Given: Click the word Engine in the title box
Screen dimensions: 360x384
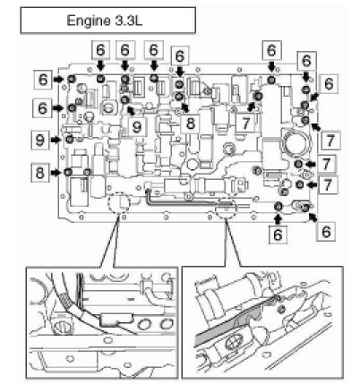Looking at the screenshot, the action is tap(88, 21).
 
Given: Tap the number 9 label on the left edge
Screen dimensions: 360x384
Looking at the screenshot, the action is tap(40, 140).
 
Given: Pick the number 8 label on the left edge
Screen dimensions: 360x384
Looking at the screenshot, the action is tap(40, 173).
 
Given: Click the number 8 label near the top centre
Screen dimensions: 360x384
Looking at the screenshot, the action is tap(190, 124).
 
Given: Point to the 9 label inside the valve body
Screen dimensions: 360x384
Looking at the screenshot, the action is tap(137, 127).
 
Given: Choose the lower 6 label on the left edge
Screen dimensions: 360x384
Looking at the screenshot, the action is tap(43, 107).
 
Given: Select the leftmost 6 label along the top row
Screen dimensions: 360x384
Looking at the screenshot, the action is tap(100, 49).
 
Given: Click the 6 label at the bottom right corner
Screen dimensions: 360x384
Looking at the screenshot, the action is tap(326, 231).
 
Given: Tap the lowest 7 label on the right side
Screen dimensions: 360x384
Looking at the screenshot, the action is tap(328, 185).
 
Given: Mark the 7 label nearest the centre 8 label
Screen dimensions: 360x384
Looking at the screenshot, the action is tap(245, 124).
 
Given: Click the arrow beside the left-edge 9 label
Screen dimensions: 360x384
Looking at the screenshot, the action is tap(56, 140).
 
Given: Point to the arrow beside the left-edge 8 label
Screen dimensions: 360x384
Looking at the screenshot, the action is tap(56, 173).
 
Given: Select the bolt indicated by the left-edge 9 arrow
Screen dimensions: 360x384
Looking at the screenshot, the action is tap(70, 139).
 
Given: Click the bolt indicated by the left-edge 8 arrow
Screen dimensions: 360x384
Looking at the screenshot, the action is tap(68, 172).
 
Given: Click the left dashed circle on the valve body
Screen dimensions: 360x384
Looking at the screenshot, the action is tap(119, 203).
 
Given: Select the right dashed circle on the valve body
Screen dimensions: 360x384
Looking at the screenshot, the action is tap(226, 209).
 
